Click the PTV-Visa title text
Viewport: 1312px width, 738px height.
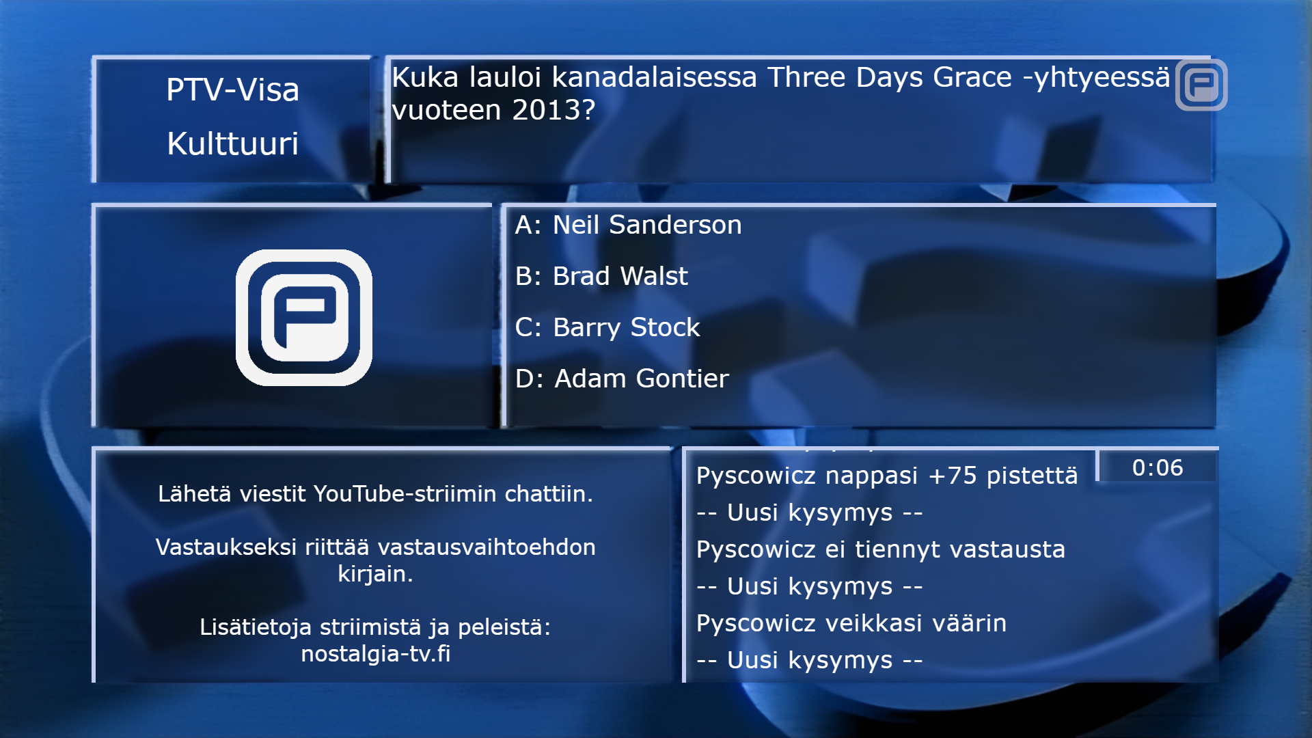pyautogui.click(x=232, y=90)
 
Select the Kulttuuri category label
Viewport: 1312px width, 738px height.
pyautogui.click(x=232, y=143)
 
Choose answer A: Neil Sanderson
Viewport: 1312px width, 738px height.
pyautogui.click(x=628, y=225)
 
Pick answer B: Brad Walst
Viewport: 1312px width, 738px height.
pyautogui.click(x=601, y=276)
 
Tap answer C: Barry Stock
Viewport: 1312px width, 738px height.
pyautogui.click(x=607, y=328)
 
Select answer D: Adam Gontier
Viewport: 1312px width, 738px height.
pyautogui.click(x=622, y=379)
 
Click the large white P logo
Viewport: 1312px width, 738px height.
pyautogui.click(x=304, y=318)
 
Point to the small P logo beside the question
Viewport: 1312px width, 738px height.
pyautogui.click(x=1201, y=85)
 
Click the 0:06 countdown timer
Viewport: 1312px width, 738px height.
pyautogui.click(x=1157, y=468)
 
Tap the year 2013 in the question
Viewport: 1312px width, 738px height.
pyautogui.click(x=553, y=110)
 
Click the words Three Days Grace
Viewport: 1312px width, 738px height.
pyautogui.click(x=889, y=77)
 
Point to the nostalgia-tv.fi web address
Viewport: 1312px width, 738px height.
pyautogui.click(x=376, y=654)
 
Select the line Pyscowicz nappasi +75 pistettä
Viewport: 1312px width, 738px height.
pyautogui.click(x=887, y=476)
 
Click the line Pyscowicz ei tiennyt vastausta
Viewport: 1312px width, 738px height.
pyautogui.click(x=881, y=549)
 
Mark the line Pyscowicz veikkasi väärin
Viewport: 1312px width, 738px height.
pyautogui.click(x=851, y=623)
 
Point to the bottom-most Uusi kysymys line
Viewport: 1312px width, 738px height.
pyautogui.click(x=810, y=660)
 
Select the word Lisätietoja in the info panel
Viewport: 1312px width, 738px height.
pyautogui.click(x=256, y=627)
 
